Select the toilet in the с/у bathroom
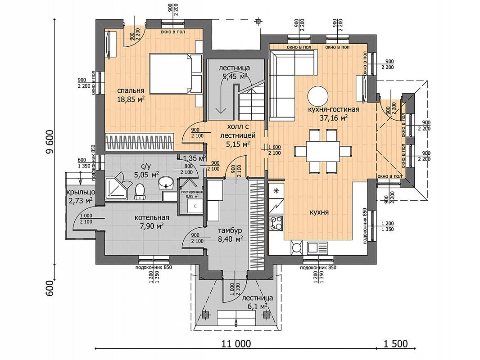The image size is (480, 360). point(140,191)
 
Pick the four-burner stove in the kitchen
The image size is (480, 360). point(276,223)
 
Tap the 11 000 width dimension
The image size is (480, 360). point(236,343)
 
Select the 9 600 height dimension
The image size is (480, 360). point(50,143)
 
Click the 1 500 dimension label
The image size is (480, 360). point(396,343)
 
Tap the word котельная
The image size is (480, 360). point(152,218)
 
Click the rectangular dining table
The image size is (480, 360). point(323,151)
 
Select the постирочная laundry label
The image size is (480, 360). point(192,192)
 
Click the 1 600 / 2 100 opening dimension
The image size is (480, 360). point(274,150)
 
